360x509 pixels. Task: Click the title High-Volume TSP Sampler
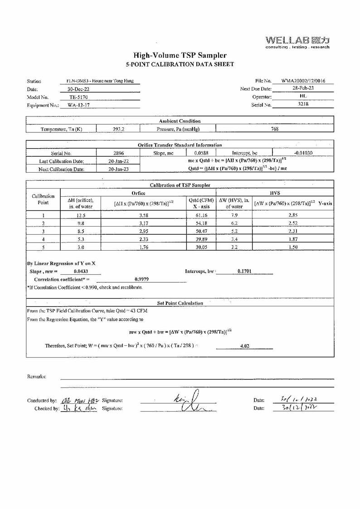pyautogui.click(x=180, y=56)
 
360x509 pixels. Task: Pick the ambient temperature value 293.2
pyautogui.click(x=119, y=129)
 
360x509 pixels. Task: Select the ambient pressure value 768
pyautogui.click(x=275, y=129)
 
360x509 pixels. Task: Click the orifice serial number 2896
pyautogui.click(x=119, y=153)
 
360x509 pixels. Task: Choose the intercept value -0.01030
pyautogui.click(x=303, y=153)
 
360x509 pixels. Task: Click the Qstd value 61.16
pyautogui.click(x=201, y=215)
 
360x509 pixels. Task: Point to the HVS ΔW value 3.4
pyautogui.click(x=234, y=239)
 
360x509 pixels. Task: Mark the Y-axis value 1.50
pyautogui.click(x=292, y=247)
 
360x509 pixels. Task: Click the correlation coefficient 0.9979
pyautogui.click(x=142, y=279)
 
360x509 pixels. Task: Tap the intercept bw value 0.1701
pyautogui.click(x=244, y=271)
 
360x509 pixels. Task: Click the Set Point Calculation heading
pyautogui.click(x=180, y=303)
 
